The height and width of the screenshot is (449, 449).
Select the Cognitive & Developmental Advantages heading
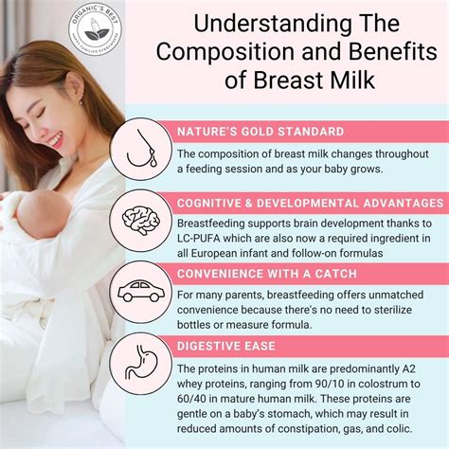[x=308, y=203]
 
